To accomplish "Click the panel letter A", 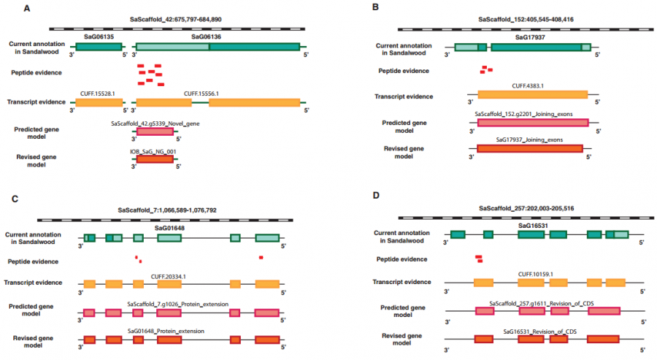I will coord(26,9).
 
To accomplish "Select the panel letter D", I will coord(376,196).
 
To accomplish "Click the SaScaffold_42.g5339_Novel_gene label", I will coord(155,123).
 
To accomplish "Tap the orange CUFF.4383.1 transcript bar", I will coord(532,94).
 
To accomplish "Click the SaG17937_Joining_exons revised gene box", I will coord(529,149).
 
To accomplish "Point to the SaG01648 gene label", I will coord(169,227).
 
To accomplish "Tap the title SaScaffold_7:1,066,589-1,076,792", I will coord(166,210).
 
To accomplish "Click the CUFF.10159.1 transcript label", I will coord(537,274).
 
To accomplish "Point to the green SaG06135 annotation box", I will coord(98,46).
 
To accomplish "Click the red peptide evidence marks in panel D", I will coord(479,258).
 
